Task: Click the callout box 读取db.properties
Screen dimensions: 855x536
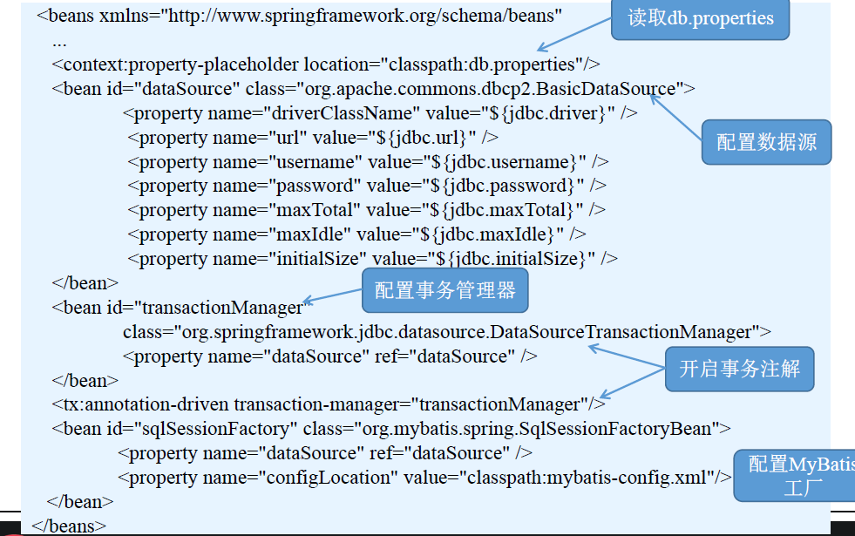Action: point(700,18)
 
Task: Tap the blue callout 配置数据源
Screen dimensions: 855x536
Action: point(766,141)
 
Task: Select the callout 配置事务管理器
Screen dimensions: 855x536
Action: point(444,291)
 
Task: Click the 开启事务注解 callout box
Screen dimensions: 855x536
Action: point(739,369)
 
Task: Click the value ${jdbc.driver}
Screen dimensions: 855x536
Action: point(546,113)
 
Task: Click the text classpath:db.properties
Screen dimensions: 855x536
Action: point(493,64)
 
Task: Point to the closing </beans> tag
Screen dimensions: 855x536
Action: point(69,526)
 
